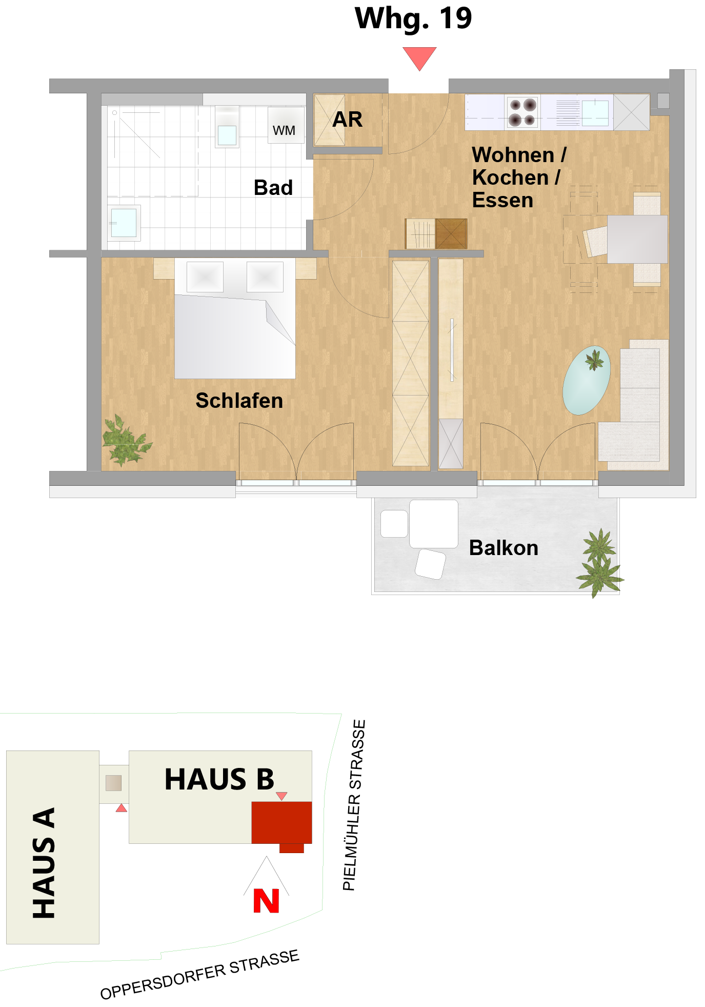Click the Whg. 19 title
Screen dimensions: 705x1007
[x=413, y=19]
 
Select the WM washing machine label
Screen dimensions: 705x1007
[x=284, y=131]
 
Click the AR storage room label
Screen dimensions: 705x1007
[x=348, y=120]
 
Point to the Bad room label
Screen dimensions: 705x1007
[x=273, y=188]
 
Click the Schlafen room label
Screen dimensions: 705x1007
[x=239, y=401]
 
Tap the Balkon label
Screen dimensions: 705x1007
[x=503, y=548]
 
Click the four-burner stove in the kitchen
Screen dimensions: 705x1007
[x=522, y=112]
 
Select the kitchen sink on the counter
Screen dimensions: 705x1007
[x=595, y=113]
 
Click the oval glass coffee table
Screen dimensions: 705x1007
[x=587, y=380]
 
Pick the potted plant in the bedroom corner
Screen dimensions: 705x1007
[x=125, y=441]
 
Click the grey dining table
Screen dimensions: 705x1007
[x=637, y=239]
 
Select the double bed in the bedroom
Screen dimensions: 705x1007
[x=235, y=318]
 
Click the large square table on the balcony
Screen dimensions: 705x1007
[x=433, y=524]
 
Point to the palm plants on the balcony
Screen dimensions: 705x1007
[x=599, y=563]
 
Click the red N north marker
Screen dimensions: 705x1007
[x=266, y=901]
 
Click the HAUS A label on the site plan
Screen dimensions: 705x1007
[x=44, y=863]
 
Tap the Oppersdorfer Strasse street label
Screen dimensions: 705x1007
[x=200, y=974]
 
